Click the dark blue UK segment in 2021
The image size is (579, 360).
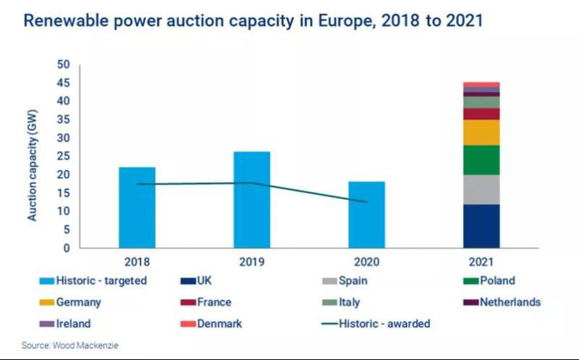[481, 226]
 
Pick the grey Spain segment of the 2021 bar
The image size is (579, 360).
[481, 189]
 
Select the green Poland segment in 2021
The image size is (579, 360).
[481, 159]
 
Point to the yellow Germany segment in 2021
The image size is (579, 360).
[481, 132]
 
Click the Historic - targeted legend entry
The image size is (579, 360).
[87, 280]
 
